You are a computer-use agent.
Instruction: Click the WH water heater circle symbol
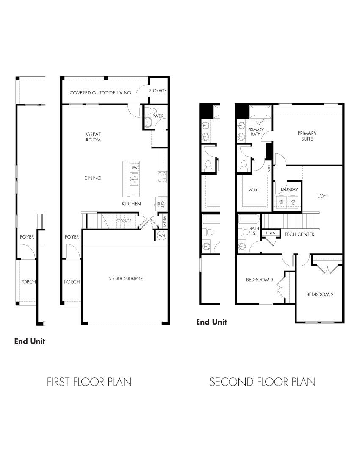tap(162, 236)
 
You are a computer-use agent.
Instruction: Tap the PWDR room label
tap(159, 116)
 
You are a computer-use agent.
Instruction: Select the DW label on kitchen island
tap(134, 168)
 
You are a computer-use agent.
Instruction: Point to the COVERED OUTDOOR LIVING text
tap(100, 93)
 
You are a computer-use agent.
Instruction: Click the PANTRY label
tap(165, 221)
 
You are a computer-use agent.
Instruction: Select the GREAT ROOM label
tap(93, 137)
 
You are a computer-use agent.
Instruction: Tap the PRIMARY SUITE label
tap(307, 136)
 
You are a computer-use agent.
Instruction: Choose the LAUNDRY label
tap(289, 189)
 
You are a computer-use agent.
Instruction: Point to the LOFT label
tap(323, 196)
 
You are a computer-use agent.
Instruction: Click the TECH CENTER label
tap(299, 234)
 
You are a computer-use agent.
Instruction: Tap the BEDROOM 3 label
tap(260, 280)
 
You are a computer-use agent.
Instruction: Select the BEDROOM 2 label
tap(320, 294)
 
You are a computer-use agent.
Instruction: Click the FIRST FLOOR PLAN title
tap(89, 382)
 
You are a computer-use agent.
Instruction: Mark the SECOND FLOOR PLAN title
tap(262, 382)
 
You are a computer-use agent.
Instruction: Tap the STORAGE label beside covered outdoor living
tap(158, 91)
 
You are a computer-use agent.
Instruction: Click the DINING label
tap(93, 178)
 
